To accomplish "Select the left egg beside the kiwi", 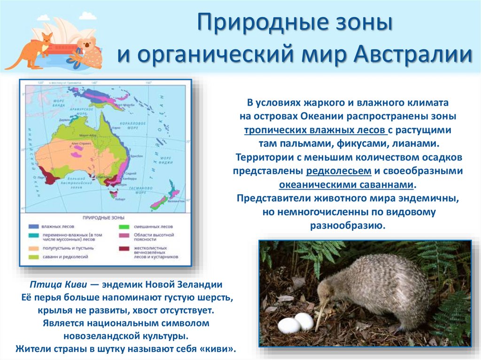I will point(288,325).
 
